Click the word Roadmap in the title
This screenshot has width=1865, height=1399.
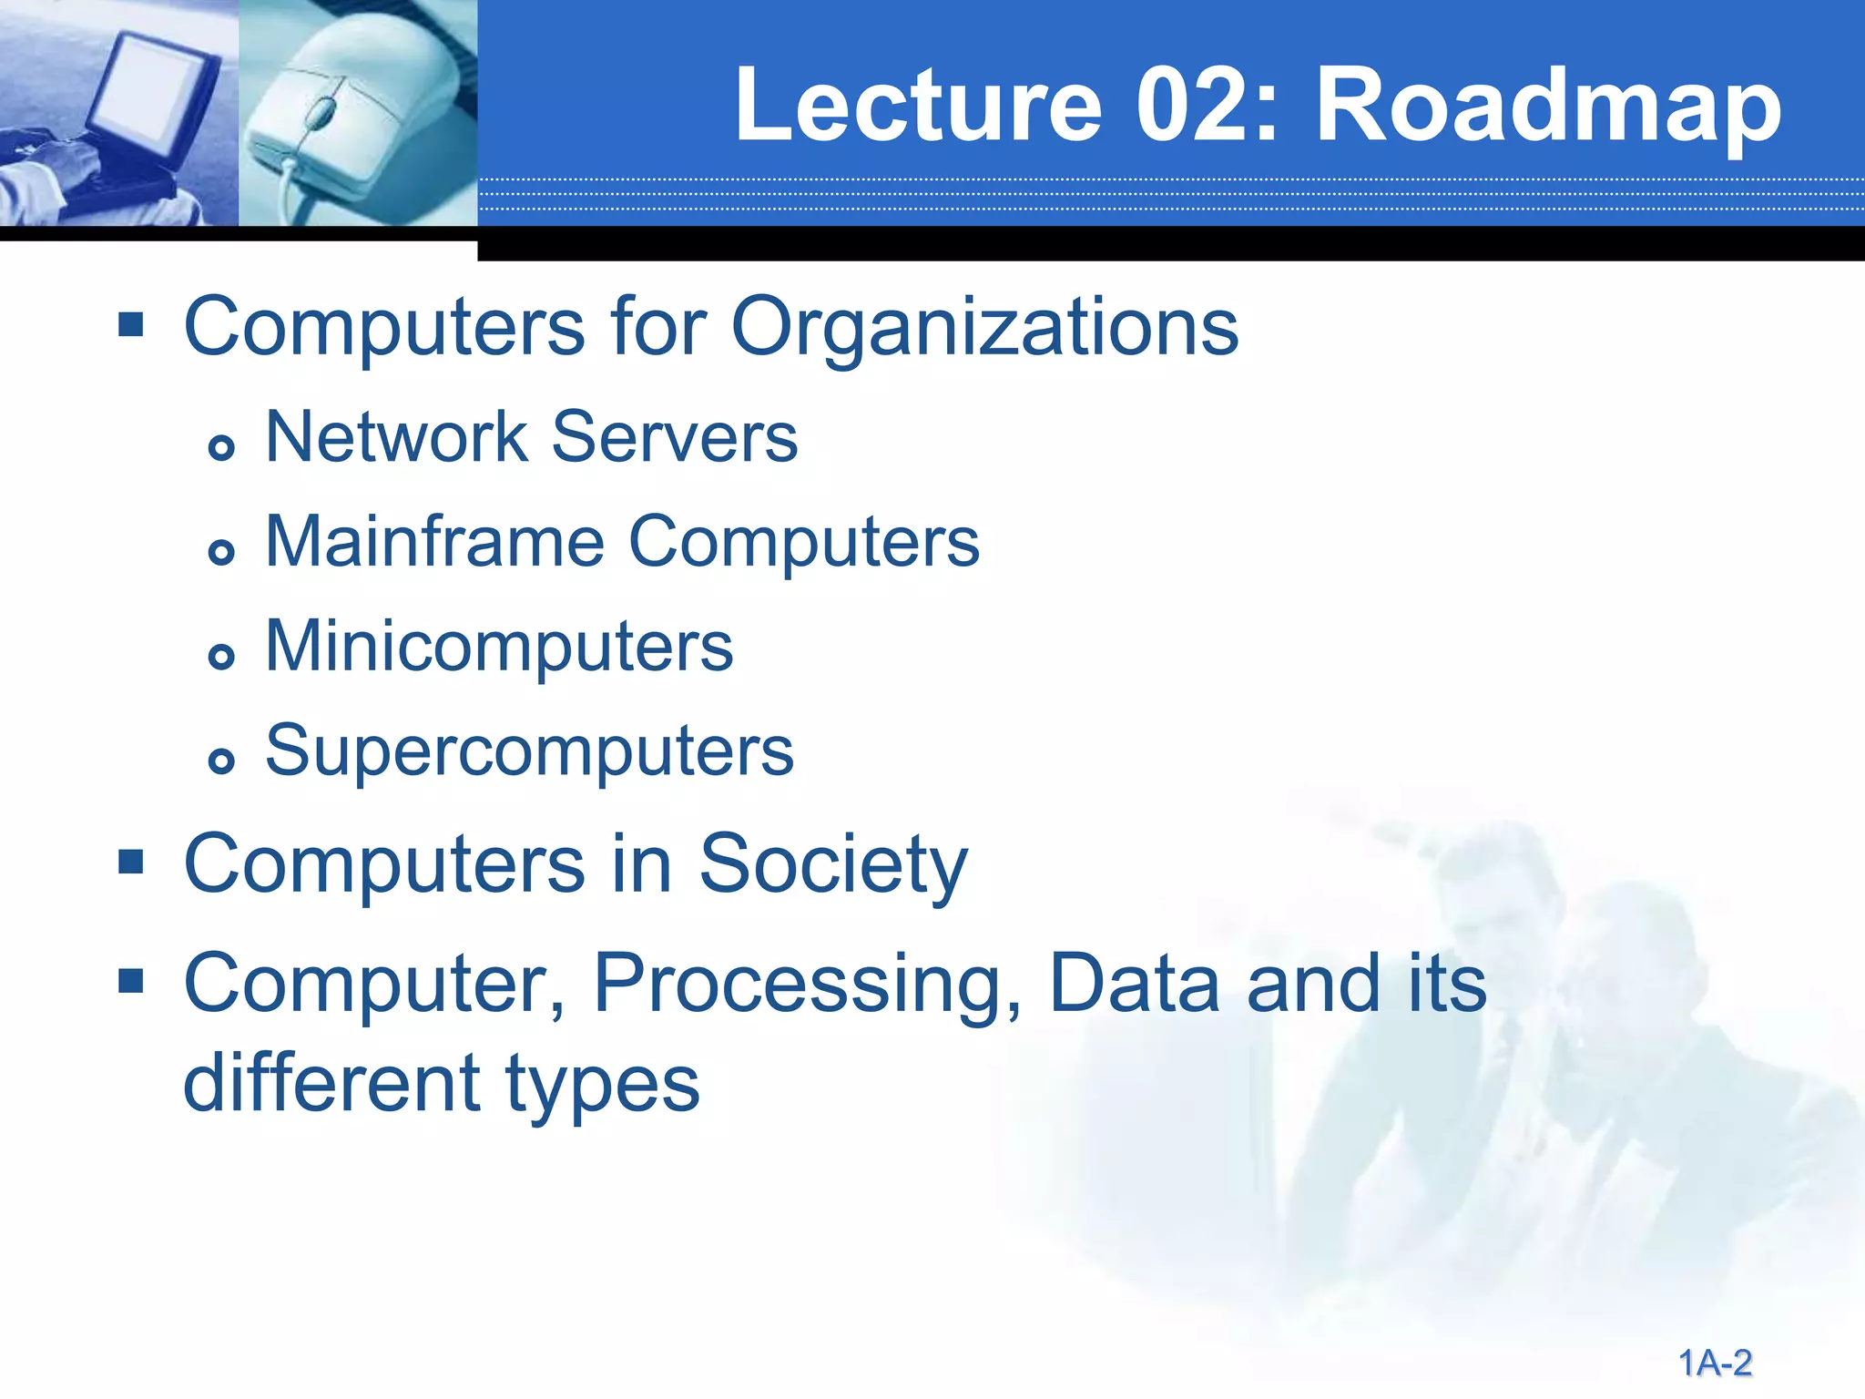pyautogui.click(x=1547, y=107)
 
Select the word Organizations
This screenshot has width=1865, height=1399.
pyautogui.click(x=984, y=328)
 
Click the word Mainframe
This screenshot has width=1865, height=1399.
pyautogui.click(x=435, y=542)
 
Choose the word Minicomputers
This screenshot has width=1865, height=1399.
pyautogui.click(x=499, y=647)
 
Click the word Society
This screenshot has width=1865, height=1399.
pyautogui.click(x=832, y=865)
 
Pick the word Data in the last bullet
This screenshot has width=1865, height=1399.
pyautogui.click(x=1134, y=984)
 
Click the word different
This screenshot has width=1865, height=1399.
pyautogui.click(x=331, y=1084)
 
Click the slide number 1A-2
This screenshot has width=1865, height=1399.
pyautogui.click(x=1715, y=1363)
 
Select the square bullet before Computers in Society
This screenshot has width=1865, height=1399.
pyautogui.click(x=131, y=862)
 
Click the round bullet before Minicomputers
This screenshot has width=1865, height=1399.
pyautogui.click(x=221, y=656)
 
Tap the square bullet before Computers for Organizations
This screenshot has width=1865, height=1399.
pyautogui.click(x=131, y=324)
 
